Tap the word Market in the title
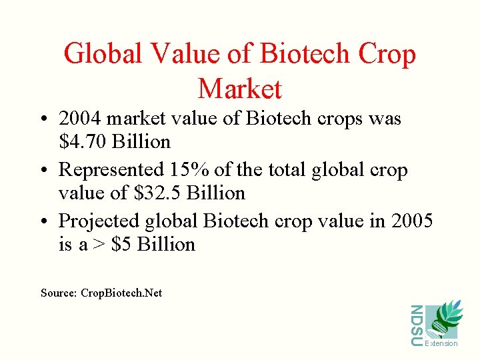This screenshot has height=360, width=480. click(x=240, y=89)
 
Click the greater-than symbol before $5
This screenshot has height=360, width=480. click(x=99, y=245)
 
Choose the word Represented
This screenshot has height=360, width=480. click(x=111, y=170)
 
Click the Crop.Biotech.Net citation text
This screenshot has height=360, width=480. click(x=121, y=293)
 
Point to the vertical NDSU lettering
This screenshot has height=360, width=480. click(x=417, y=325)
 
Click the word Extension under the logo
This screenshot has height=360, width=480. click(x=441, y=343)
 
